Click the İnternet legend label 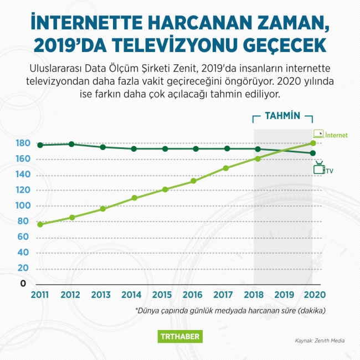click(337, 135)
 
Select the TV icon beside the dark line click(319, 168)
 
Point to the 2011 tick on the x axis click(40, 294)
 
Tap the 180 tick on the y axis click(23, 144)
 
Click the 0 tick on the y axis click(23, 284)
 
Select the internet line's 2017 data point click(226, 168)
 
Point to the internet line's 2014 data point click(133, 198)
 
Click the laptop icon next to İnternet click(318, 134)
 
